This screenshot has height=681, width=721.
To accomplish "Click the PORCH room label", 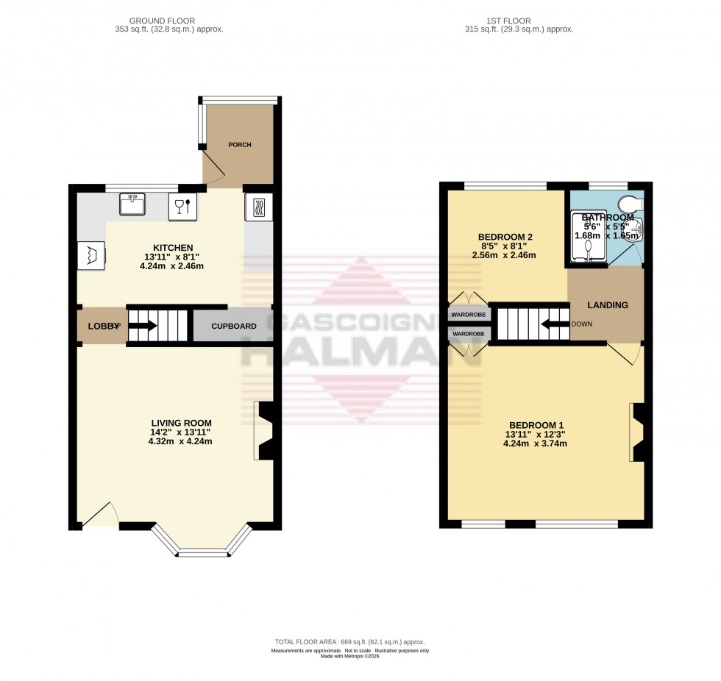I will click(x=240, y=145).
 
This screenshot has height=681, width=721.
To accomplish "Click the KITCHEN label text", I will click(x=173, y=247).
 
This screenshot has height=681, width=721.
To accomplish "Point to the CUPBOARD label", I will click(x=234, y=326).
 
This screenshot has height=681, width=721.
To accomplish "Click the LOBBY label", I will click(x=101, y=326).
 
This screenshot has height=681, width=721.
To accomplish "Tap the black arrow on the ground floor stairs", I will click(x=144, y=326).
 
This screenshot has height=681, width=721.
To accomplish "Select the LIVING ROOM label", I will click(x=181, y=423).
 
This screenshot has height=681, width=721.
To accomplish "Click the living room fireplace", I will click(x=263, y=431).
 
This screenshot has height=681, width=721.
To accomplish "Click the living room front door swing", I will click(x=100, y=516).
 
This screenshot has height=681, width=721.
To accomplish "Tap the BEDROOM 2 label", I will click(x=504, y=237).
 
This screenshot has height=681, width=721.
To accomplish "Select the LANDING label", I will click(x=608, y=305).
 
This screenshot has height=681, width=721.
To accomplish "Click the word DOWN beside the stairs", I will click(x=581, y=324).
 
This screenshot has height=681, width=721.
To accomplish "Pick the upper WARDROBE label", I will click(x=469, y=315).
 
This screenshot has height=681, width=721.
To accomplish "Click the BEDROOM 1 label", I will click(x=536, y=425).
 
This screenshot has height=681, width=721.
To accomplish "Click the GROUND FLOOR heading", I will click(x=176, y=21).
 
